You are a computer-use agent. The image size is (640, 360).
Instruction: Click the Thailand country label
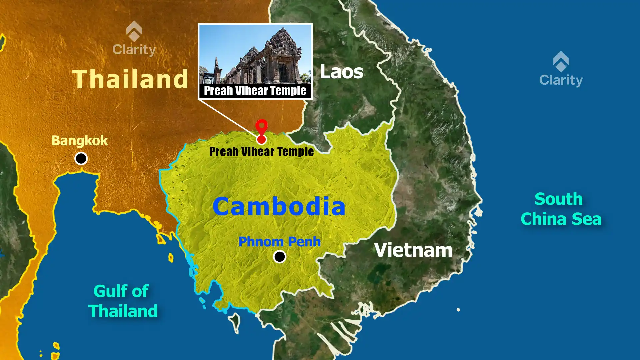point(130,79)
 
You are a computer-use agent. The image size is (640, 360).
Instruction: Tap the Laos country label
point(341,72)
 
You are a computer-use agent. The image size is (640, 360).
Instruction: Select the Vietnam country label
point(413,250)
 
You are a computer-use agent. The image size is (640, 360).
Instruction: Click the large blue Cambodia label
point(279,206)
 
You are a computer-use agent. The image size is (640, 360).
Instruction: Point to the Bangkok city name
point(79,141)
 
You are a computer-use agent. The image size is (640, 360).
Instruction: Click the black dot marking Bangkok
point(81,158)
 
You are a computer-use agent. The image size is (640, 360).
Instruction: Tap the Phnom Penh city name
point(279,242)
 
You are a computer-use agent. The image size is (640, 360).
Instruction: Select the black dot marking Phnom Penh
point(279,257)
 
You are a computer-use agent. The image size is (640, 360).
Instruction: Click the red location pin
point(261,128)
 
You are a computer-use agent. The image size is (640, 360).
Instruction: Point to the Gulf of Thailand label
point(123,301)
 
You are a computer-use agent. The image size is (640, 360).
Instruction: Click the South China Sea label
point(561,209)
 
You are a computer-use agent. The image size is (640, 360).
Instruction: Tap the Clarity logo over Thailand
point(134,39)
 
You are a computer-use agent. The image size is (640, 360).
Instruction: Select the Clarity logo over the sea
point(561,69)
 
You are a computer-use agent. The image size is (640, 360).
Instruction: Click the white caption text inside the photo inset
point(255,91)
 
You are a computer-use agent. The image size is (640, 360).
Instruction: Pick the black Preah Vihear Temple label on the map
point(261,152)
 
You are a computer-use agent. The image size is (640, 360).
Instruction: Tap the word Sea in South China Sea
point(586,219)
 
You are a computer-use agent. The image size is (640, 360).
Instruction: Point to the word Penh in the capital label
point(304,242)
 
